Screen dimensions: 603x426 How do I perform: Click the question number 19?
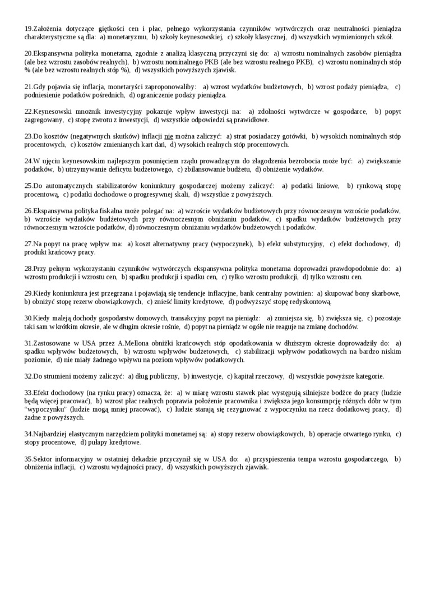point(29,29)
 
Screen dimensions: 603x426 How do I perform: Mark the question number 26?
point(29,211)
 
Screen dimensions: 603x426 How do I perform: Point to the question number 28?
point(29,269)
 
